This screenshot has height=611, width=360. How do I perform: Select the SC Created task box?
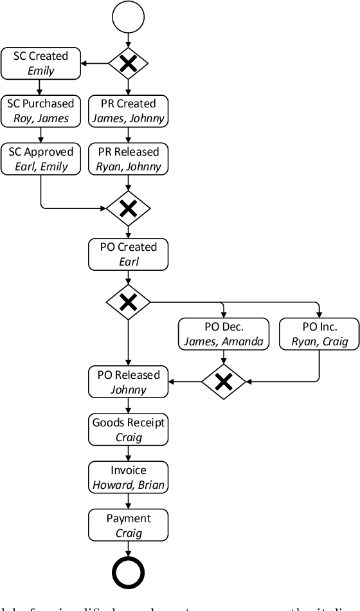(x=40, y=63)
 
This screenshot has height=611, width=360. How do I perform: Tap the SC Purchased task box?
(x=40, y=111)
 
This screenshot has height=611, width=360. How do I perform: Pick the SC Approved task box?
(x=40, y=159)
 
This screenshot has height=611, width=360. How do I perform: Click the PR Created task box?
(x=128, y=111)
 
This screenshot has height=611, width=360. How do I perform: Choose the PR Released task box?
(x=128, y=159)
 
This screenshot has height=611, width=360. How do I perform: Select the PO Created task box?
(x=128, y=254)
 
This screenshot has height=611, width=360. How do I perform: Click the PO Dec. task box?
(x=223, y=334)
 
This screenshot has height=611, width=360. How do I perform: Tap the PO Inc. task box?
(x=319, y=334)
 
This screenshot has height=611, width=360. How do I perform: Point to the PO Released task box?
(x=128, y=382)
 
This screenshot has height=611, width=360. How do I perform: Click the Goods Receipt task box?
(x=128, y=430)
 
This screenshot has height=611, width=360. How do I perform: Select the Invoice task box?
(x=128, y=477)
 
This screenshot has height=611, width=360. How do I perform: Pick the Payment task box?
(x=128, y=525)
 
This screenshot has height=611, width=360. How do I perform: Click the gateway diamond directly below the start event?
(x=128, y=63)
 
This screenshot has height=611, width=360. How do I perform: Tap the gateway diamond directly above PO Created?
(x=128, y=207)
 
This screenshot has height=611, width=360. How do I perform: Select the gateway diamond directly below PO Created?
(x=128, y=302)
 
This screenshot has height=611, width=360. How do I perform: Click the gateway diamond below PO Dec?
(x=223, y=382)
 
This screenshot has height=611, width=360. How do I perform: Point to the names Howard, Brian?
(x=128, y=485)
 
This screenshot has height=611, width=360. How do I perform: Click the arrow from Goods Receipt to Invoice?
(x=128, y=454)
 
